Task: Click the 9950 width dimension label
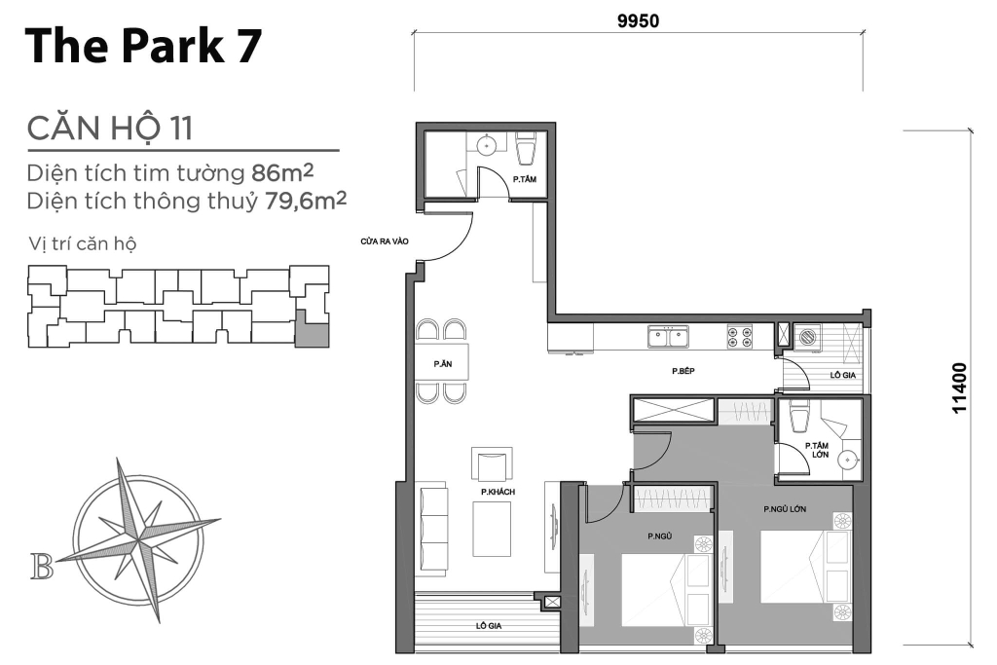coord(638,21)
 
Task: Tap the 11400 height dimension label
coord(959,388)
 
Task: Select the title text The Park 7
coord(143,46)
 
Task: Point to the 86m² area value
coord(282,172)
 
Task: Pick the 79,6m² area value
coord(305,201)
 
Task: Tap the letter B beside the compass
coord(42,567)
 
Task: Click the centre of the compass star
coord(138,539)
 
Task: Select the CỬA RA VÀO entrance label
coord(384,241)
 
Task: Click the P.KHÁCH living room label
coord(498,492)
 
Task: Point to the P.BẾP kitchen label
coord(683,371)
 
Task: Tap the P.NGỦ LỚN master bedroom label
coord(785,509)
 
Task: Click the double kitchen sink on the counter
coord(668,336)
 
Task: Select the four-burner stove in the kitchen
coord(740,336)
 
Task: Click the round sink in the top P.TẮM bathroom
coord(487,146)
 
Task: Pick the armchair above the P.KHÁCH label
coord(492,464)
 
